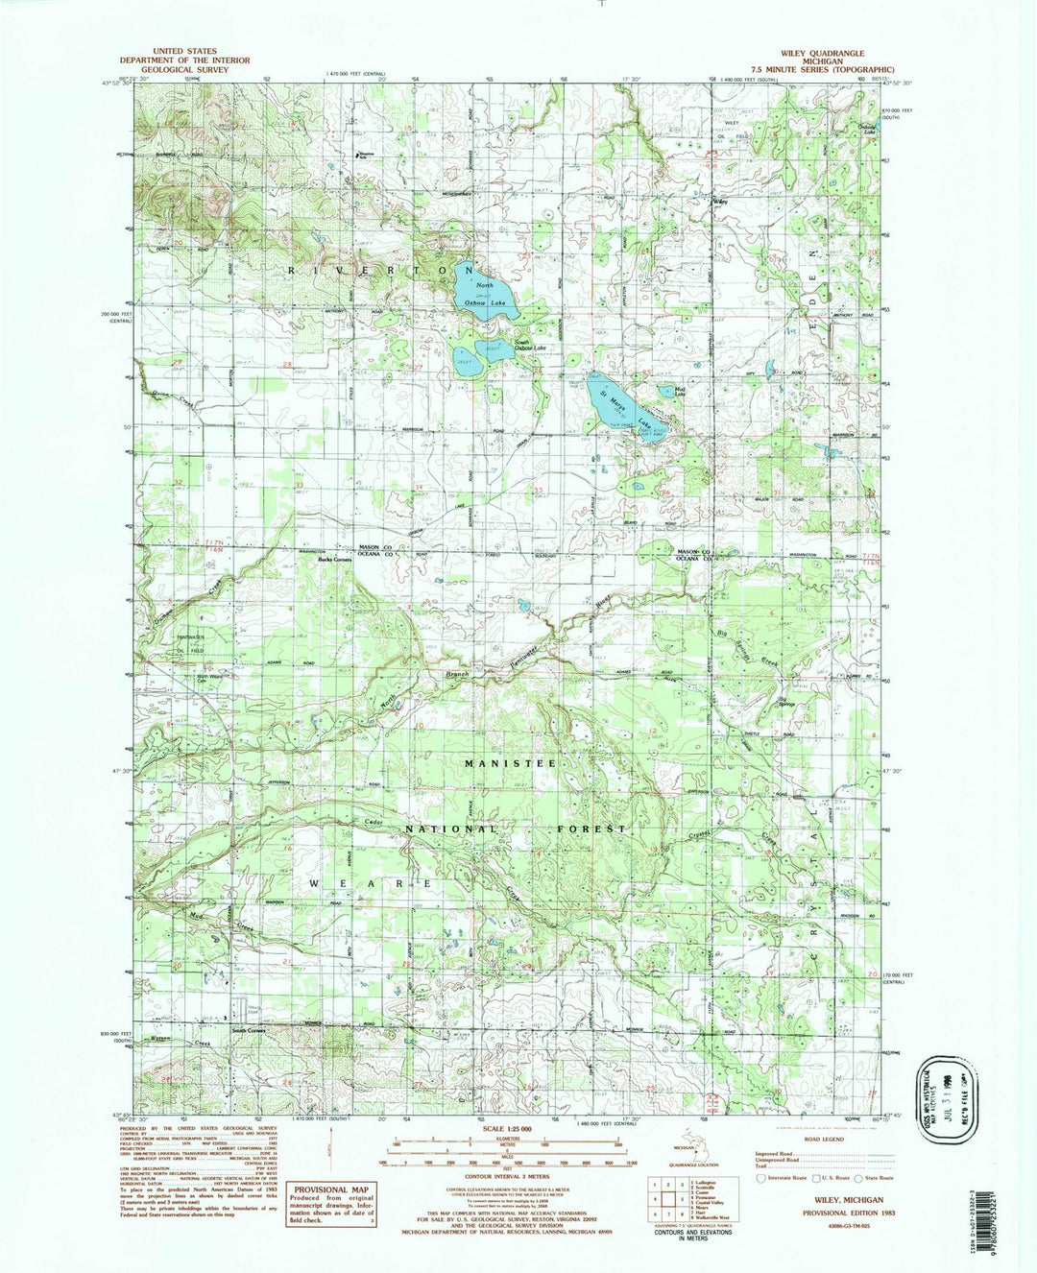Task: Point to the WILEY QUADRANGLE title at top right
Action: click(823, 53)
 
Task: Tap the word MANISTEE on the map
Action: click(510, 761)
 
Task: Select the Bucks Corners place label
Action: click(341, 559)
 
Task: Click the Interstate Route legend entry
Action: click(783, 1178)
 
